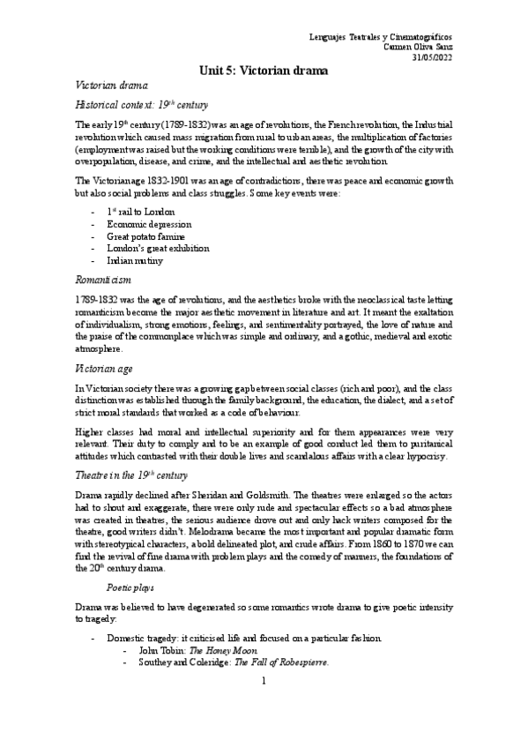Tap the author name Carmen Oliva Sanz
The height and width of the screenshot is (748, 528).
pos(418,47)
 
